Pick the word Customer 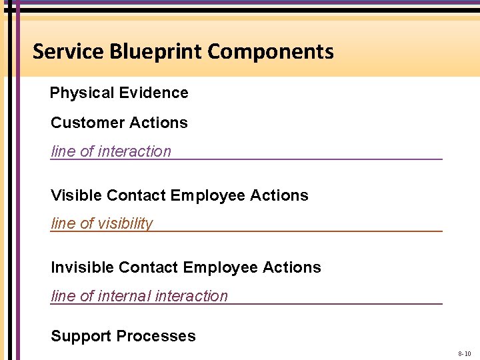pyautogui.click(x=83, y=123)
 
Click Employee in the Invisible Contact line pyautogui.click(x=221, y=268)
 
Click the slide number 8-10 pyautogui.click(x=464, y=353)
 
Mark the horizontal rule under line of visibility pyautogui.click(x=300, y=231)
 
